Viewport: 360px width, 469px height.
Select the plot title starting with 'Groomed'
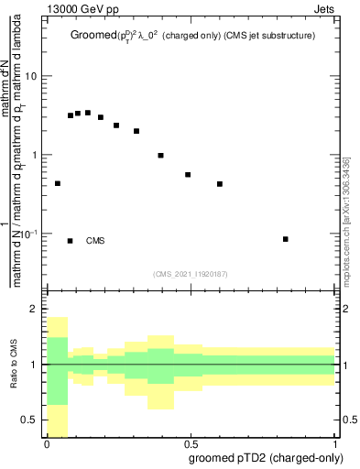click(x=192, y=37)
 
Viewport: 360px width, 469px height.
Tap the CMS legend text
click(x=95, y=241)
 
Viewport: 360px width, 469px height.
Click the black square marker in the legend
click(x=71, y=241)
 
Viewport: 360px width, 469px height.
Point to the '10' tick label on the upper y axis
click(x=31, y=76)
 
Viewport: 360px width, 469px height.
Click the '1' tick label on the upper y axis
click(x=34, y=155)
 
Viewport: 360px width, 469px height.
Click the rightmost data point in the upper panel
click(x=286, y=239)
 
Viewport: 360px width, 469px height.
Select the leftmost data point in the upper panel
click(x=58, y=183)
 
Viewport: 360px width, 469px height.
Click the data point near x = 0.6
click(x=220, y=184)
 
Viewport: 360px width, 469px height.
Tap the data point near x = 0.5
click(x=188, y=174)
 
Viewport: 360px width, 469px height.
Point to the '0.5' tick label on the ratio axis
click(x=29, y=420)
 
